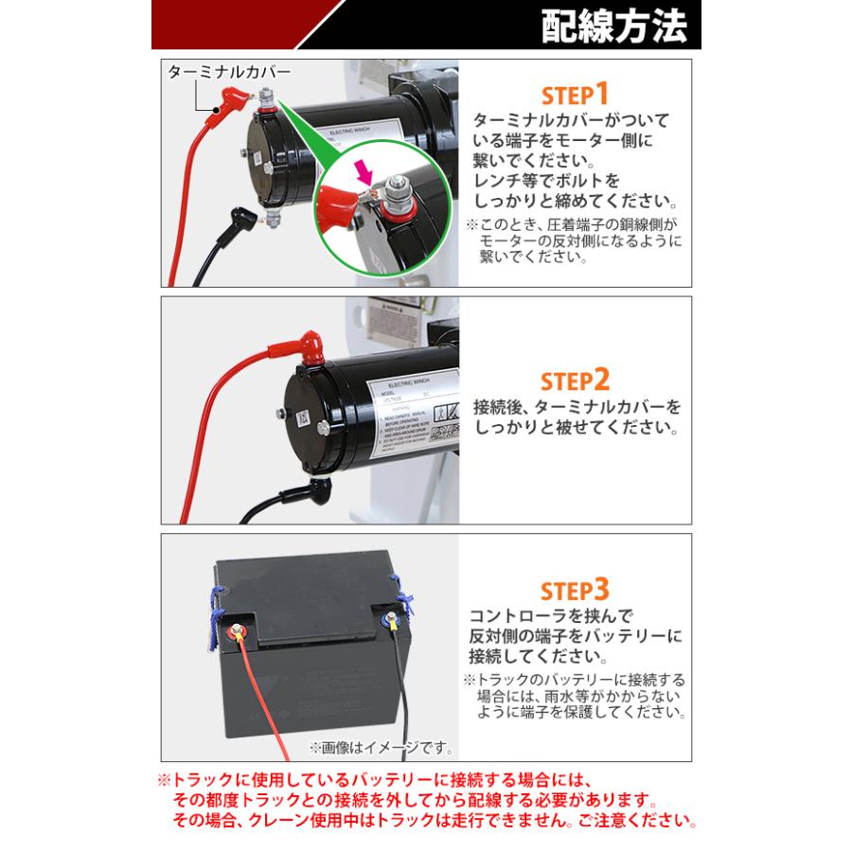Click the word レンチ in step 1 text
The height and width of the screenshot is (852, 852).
[498, 180]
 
